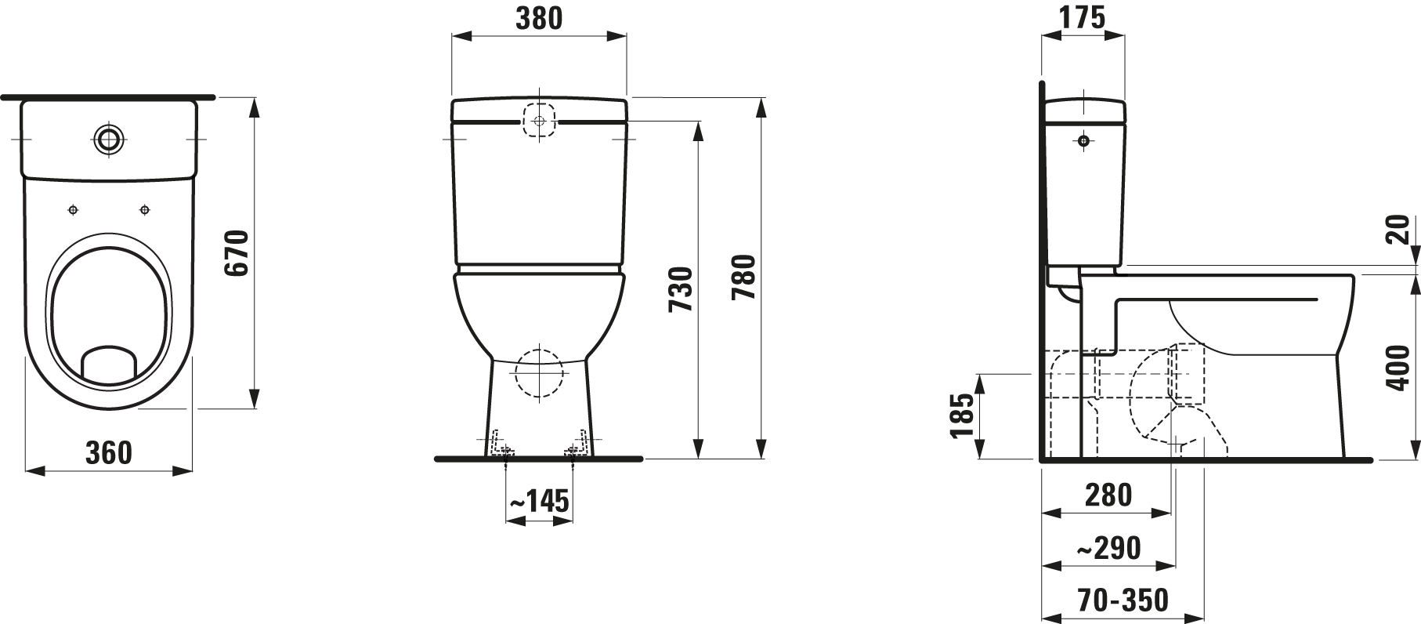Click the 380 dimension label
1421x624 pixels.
pyautogui.click(x=539, y=17)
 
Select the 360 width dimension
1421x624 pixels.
pyautogui.click(x=108, y=452)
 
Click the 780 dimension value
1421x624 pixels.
pyautogui.click(x=743, y=278)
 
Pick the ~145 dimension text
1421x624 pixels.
pyautogui.click(x=539, y=501)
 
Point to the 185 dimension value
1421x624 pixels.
pyautogui.click(x=963, y=415)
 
